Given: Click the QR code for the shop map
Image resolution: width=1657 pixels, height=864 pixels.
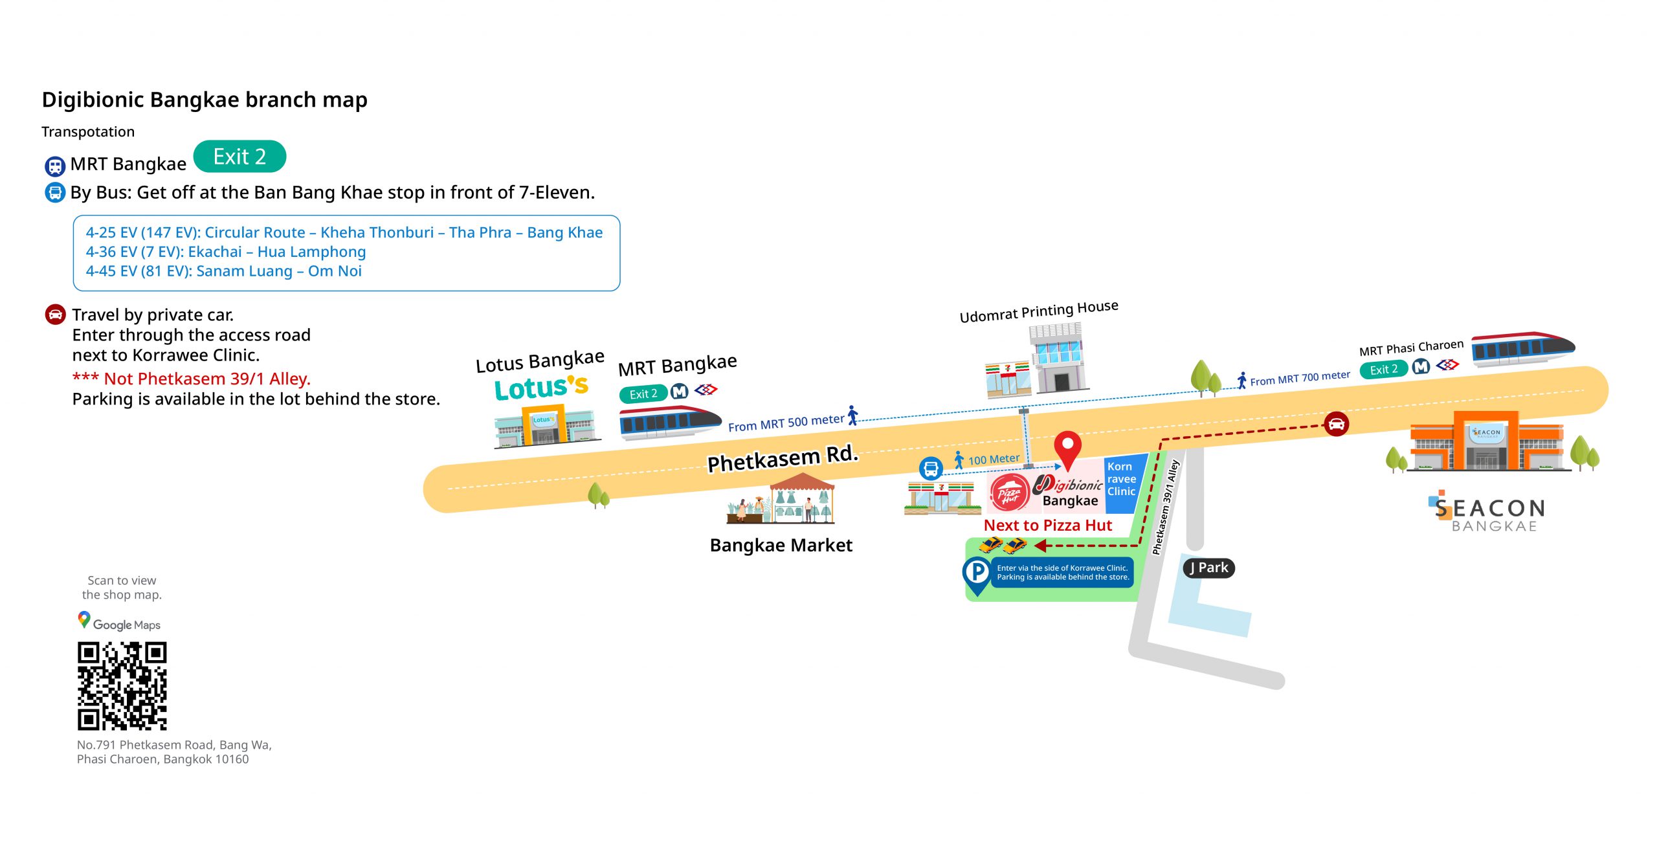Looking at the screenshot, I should click(122, 686).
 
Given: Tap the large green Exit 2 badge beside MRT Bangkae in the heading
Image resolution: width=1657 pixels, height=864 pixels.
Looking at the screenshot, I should click(239, 157).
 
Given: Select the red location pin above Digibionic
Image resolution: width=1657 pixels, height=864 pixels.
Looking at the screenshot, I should click(1067, 447).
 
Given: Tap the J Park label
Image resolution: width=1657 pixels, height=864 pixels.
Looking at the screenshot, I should click(1209, 568).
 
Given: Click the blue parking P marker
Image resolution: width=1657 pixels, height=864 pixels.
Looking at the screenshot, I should click(977, 572).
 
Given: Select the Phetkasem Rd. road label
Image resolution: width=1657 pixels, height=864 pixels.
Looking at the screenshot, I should click(783, 458).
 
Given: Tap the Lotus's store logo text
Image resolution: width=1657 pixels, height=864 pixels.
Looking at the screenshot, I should click(541, 388).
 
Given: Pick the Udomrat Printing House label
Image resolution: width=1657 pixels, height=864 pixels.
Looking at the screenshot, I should click(1038, 311).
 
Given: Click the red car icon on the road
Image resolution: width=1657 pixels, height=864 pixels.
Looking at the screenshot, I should click(1336, 424).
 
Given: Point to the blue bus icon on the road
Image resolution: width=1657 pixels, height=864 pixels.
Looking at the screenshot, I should click(931, 467).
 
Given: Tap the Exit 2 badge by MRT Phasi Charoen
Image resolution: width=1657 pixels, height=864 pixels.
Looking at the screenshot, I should click(1384, 370).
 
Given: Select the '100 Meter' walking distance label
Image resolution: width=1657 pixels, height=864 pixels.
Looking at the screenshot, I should click(993, 460).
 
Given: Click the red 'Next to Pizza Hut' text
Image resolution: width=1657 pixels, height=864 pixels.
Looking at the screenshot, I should click(1047, 526).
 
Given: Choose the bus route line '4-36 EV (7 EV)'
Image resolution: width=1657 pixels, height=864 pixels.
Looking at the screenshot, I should click(225, 252).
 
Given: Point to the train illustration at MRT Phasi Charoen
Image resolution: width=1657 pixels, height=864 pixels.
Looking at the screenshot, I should click(1522, 348).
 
